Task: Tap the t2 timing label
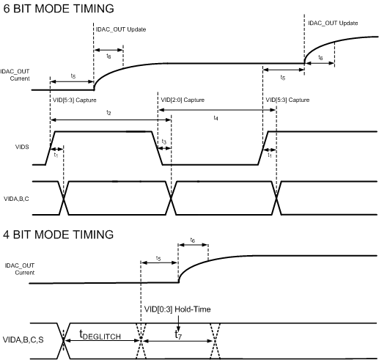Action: (x=108, y=113)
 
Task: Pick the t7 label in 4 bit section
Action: (x=178, y=334)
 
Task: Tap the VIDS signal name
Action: (x=22, y=147)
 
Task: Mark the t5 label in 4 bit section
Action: (x=158, y=259)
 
